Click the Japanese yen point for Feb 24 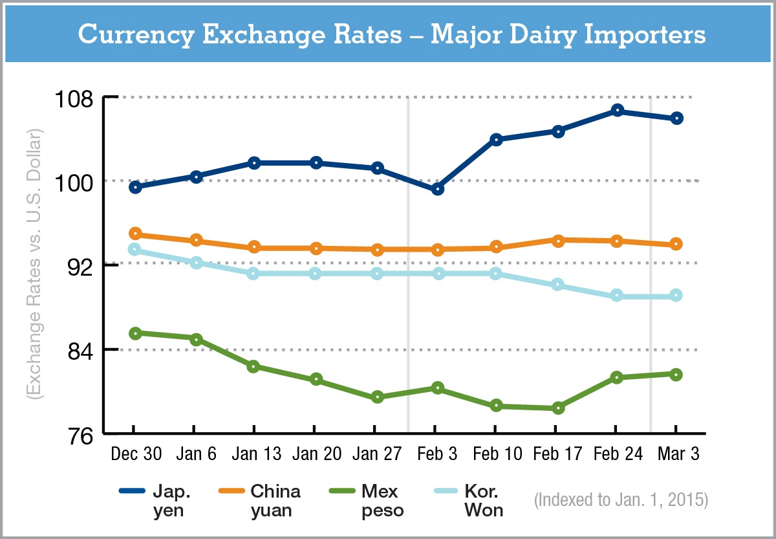[617, 111]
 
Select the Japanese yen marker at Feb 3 [437, 189]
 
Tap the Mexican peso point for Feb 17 [557, 408]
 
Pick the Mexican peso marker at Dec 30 [135, 333]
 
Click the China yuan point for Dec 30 [135, 234]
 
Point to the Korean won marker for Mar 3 [676, 296]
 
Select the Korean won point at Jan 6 [196, 263]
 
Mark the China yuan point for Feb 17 [557, 240]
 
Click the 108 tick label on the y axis [74, 98]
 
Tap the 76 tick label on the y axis [78, 435]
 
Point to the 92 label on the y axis [78, 266]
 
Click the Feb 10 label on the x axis [497, 454]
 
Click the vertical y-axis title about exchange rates [34, 265]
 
